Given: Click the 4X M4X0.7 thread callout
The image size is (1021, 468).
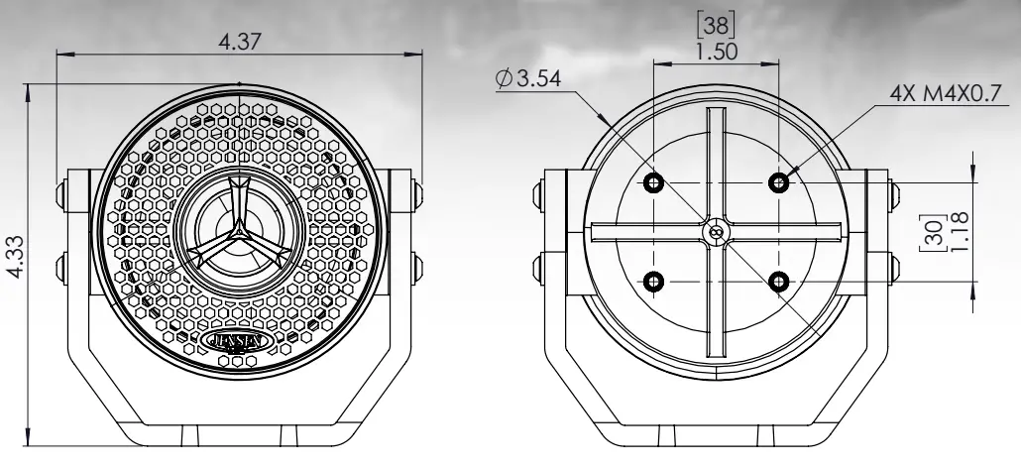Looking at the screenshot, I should coord(948,93).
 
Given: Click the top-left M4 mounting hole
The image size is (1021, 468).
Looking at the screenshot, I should coord(652,182).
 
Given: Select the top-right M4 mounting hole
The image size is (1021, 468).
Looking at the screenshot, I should coord(781,182).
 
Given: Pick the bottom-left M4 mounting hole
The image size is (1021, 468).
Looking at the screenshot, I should coord(652,283).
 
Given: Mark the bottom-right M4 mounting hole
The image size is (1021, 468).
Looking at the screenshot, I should coord(781,283).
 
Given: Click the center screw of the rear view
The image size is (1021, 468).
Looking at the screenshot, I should coord(716,230).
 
